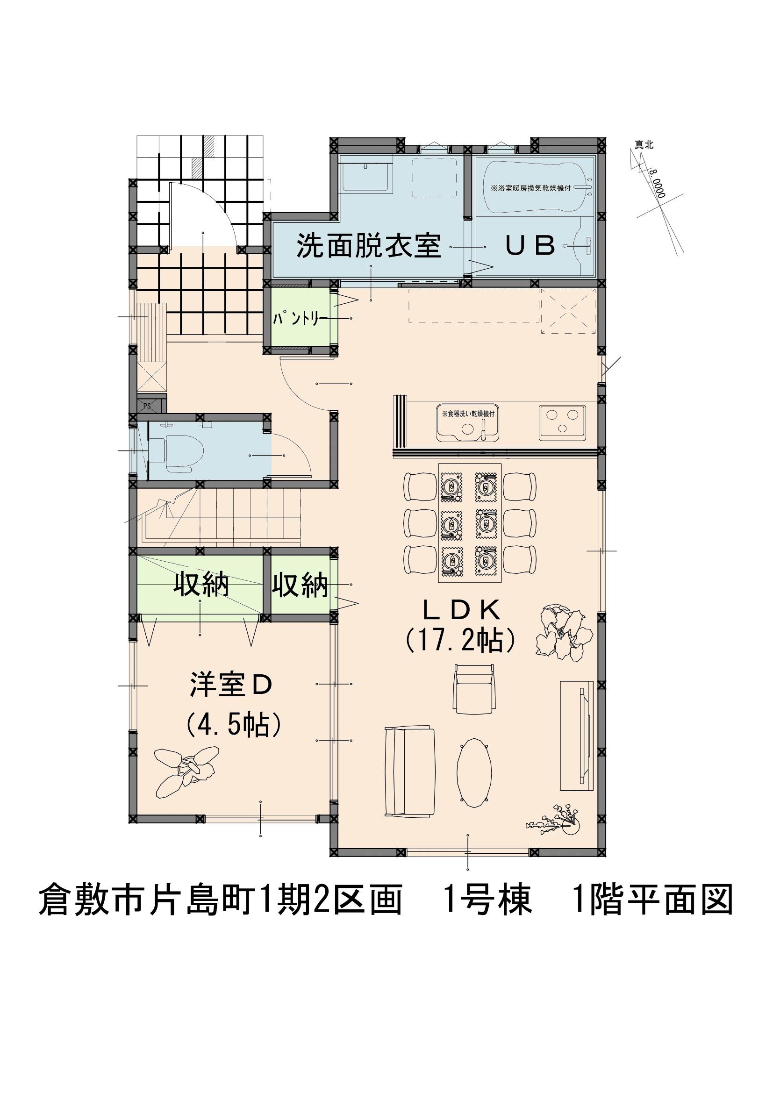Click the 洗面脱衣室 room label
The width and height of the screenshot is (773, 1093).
point(369,246)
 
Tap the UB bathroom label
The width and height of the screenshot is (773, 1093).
point(530,246)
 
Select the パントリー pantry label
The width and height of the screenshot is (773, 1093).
point(301,319)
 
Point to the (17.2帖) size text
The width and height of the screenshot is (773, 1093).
point(461,641)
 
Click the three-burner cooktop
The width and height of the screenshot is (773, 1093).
point(562,422)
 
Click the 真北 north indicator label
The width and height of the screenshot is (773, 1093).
point(644,144)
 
